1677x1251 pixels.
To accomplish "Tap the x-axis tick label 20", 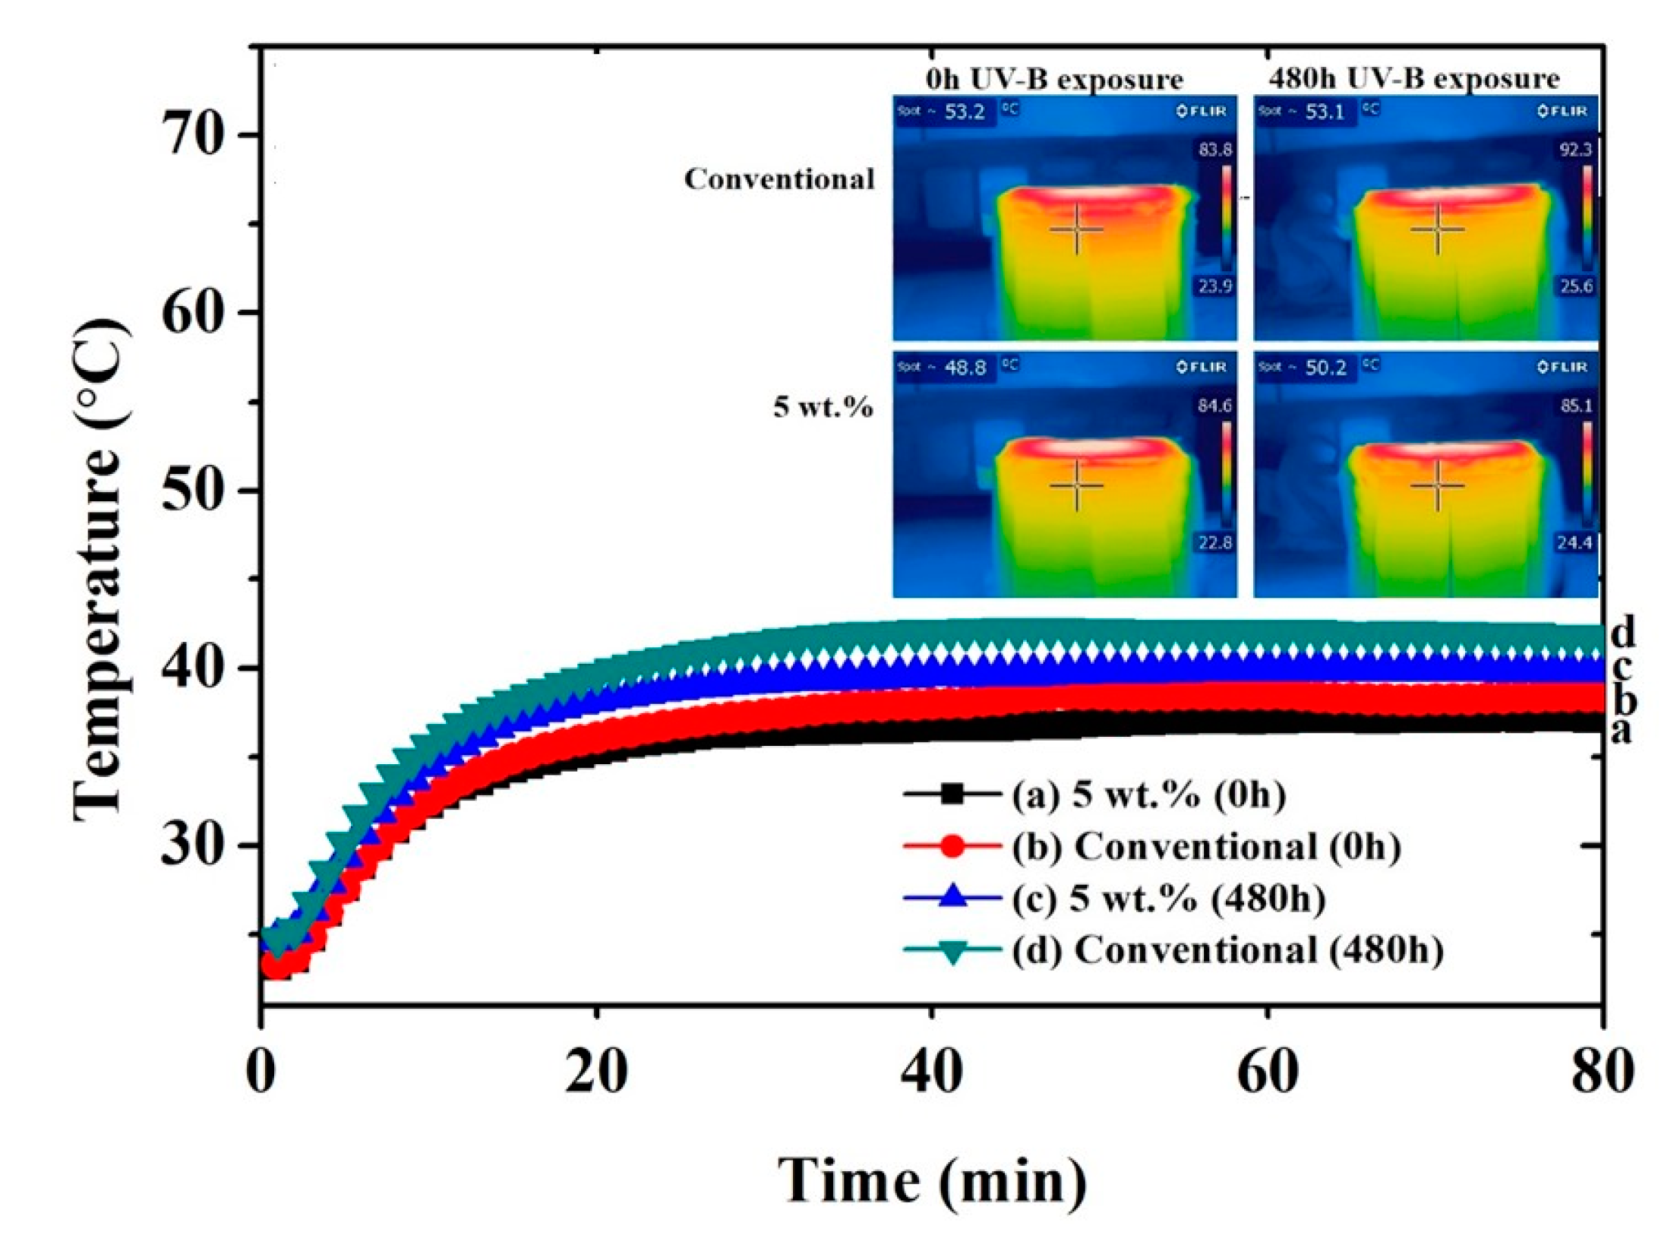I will (x=597, y=1073).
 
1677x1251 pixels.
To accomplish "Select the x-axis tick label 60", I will (x=1267, y=1073).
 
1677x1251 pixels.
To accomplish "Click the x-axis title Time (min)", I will (x=933, y=1180).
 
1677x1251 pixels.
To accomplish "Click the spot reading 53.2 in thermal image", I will (x=964, y=112).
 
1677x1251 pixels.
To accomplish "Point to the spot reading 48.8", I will (x=964, y=368).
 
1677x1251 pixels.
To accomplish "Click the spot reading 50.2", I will (x=1325, y=368).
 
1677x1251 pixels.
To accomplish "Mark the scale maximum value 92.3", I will (x=1574, y=150).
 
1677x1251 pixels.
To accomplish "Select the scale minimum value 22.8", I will (x=1214, y=543).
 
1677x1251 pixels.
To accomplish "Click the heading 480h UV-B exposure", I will (x=1413, y=79).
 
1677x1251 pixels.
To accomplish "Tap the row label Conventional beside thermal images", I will (x=779, y=179).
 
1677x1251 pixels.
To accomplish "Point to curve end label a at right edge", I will (x=1621, y=731).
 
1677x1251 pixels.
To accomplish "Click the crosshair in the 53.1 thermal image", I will (x=1437, y=229).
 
